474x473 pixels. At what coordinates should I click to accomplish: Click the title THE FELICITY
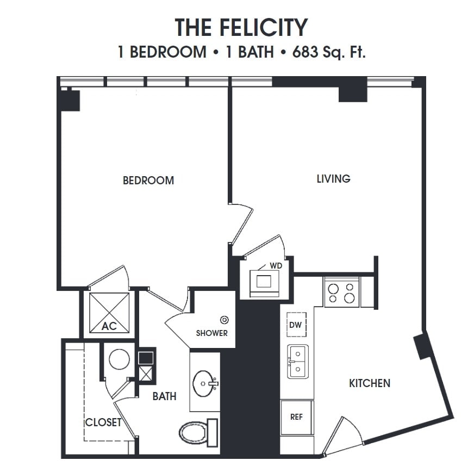pyautogui.click(x=241, y=27)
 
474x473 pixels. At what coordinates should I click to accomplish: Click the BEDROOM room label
pyautogui.click(x=148, y=181)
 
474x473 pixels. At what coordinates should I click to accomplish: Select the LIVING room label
pyautogui.click(x=333, y=178)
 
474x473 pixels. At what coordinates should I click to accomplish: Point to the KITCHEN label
pyautogui.click(x=369, y=383)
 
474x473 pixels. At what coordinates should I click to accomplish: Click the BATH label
pyautogui.click(x=164, y=396)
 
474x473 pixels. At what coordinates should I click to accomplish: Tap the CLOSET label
pyautogui.click(x=103, y=422)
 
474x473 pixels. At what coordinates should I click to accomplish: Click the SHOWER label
pyautogui.click(x=212, y=333)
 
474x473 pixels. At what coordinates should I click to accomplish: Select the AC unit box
pyautogui.click(x=109, y=312)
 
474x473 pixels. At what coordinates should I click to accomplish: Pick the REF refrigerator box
pyautogui.click(x=296, y=417)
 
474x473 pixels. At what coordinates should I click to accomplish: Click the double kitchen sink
pyautogui.click(x=297, y=362)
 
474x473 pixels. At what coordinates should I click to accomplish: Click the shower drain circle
pyautogui.click(x=224, y=320)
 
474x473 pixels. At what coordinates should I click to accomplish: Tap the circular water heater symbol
pyautogui.click(x=118, y=359)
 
